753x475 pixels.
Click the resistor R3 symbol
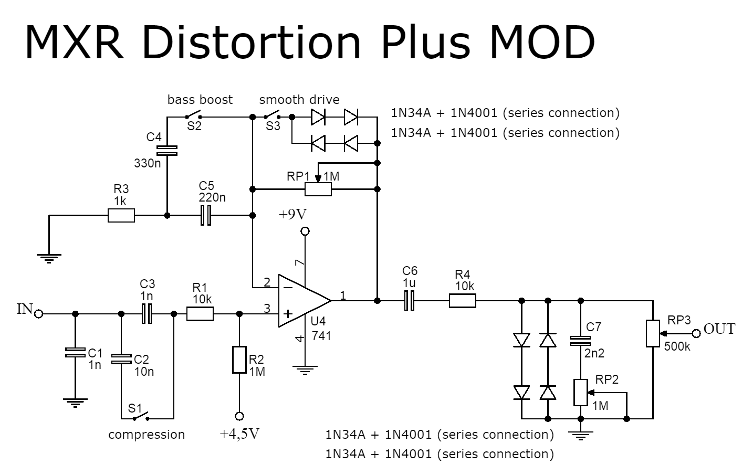121,215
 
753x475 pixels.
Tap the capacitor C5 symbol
206,215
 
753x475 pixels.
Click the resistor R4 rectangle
463,301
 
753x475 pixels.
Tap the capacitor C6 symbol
410,301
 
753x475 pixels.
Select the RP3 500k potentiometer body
653,333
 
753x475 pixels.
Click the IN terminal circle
39,314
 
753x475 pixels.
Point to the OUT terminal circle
696,333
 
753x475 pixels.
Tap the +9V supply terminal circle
305,231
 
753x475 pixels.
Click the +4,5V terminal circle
239,416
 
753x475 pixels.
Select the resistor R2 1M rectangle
239,360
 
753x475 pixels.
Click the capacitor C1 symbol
75,352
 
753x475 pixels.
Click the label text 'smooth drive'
299,100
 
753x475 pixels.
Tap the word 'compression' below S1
147,435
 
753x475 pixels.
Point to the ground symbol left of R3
49,257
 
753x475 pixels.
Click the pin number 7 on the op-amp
300,262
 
